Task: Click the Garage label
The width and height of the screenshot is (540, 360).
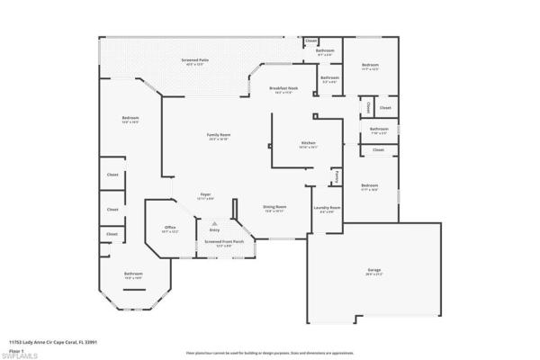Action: (373, 269)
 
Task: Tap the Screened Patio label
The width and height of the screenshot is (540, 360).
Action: (195, 59)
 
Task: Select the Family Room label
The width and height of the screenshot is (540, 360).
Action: (218, 135)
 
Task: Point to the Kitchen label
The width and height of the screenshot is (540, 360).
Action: (308, 143)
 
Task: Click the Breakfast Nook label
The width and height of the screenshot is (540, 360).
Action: (283, 88)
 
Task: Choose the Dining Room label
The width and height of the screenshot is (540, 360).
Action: (274, 207)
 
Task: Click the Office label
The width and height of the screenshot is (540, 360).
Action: (169, 229)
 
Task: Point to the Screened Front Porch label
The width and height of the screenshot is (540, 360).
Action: (220, 241)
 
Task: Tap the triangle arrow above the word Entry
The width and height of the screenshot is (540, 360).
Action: (214, 224)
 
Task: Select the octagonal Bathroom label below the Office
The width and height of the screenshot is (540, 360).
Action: (133, 274)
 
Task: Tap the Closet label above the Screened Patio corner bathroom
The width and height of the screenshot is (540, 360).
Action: (310, 40)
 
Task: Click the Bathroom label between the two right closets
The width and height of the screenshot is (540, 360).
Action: (379, 129)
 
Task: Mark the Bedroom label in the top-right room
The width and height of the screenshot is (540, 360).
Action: (370, 65)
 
